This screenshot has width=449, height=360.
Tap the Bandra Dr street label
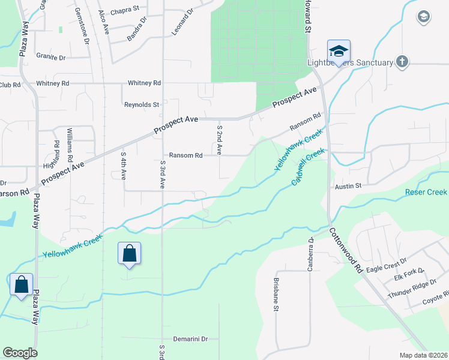tap(137, 29)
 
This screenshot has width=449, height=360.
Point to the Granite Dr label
tap(50, 57)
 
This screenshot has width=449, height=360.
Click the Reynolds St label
tap(141, 104)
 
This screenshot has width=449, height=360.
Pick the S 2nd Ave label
tap(220, 140)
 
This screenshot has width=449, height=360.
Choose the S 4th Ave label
tap(123, 166)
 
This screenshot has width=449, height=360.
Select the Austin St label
tap(348, 187)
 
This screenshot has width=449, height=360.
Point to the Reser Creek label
tap(426, 193)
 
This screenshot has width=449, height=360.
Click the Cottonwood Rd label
tap(345, 250)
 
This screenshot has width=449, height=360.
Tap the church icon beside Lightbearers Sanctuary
tap(402, 62)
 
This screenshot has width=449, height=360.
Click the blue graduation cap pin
tap(339, 52)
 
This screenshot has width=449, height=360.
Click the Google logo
tap(20, 353)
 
